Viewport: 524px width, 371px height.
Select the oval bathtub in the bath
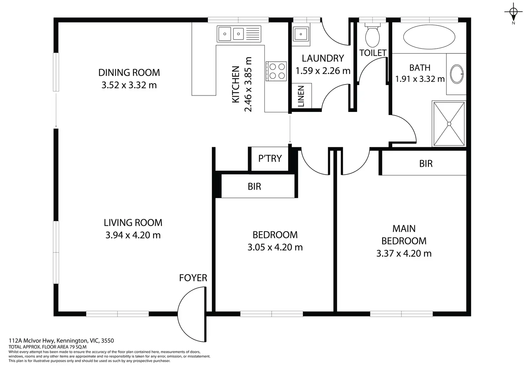pos(429,37)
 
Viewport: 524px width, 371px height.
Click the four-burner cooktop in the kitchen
pos(276,71)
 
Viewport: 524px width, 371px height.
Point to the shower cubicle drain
pos(449,124)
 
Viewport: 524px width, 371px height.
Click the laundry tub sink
pos(300,34)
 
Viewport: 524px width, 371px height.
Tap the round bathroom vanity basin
pos(457,74)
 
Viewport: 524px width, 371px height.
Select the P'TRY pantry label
pos(270,159)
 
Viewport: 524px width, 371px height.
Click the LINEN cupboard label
pos(301,96)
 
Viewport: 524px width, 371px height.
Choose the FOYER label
pos(193,278)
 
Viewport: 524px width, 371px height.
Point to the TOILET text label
pos(373,53)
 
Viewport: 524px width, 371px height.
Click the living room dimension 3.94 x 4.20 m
pos(133,235)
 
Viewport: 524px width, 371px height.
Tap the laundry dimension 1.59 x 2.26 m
pos(323,71)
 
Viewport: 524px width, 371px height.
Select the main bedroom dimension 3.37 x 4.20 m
pos(404,253)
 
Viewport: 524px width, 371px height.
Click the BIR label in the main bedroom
pos(426,164)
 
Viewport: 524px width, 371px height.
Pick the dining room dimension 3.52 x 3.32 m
pos(129,85)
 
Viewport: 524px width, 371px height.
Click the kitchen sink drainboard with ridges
pos(253,34)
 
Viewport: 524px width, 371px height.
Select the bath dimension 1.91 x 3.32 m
pos(420,79)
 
